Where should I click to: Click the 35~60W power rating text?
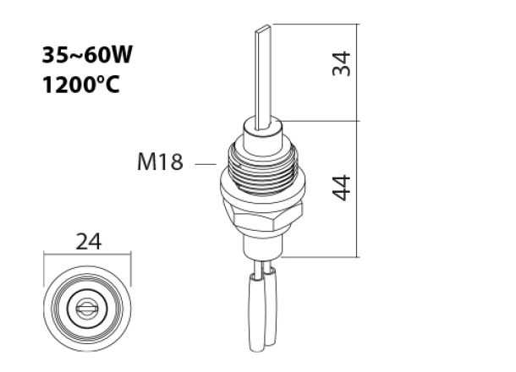tap(87, 56)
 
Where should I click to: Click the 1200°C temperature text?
tap(81, 85)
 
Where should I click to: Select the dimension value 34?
tap(341, 63)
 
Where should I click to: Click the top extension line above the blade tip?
tap(313, 25)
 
